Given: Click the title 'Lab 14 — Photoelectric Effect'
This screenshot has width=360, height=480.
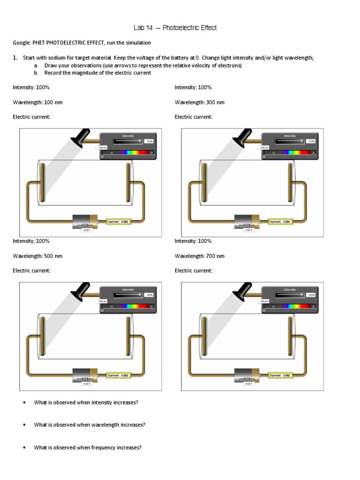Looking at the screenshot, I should [175, 28].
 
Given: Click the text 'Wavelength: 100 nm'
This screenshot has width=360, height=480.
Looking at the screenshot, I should [37, 102].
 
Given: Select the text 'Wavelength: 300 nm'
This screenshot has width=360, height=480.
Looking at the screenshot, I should [200, 102].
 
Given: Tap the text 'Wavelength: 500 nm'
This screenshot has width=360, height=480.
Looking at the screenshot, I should [37, 256].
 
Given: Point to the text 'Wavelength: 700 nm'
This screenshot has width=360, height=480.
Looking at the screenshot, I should [200, 256].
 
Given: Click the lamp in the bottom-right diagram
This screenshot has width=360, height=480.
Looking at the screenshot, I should [242, 291].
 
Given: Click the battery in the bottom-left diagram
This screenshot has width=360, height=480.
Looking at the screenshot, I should [85, 375].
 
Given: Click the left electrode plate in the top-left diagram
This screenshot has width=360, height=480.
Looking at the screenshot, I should [42, 181].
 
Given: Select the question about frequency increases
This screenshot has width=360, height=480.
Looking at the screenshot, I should [88, 447].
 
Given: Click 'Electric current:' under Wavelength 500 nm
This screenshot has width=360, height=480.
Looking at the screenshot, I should [31, 270].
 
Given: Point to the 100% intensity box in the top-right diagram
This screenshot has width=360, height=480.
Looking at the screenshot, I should [311, 141].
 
